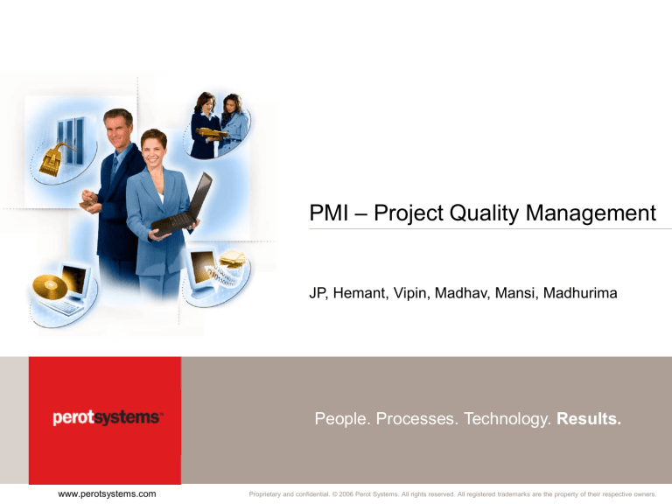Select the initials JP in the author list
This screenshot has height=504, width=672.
tap(318, 295)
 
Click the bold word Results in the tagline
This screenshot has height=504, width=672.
tap(589, 419)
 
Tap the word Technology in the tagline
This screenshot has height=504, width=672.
tap(503, 419)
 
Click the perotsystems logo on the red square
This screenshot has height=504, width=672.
tap(106, 418)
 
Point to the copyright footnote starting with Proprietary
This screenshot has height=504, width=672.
tap(452, 495)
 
